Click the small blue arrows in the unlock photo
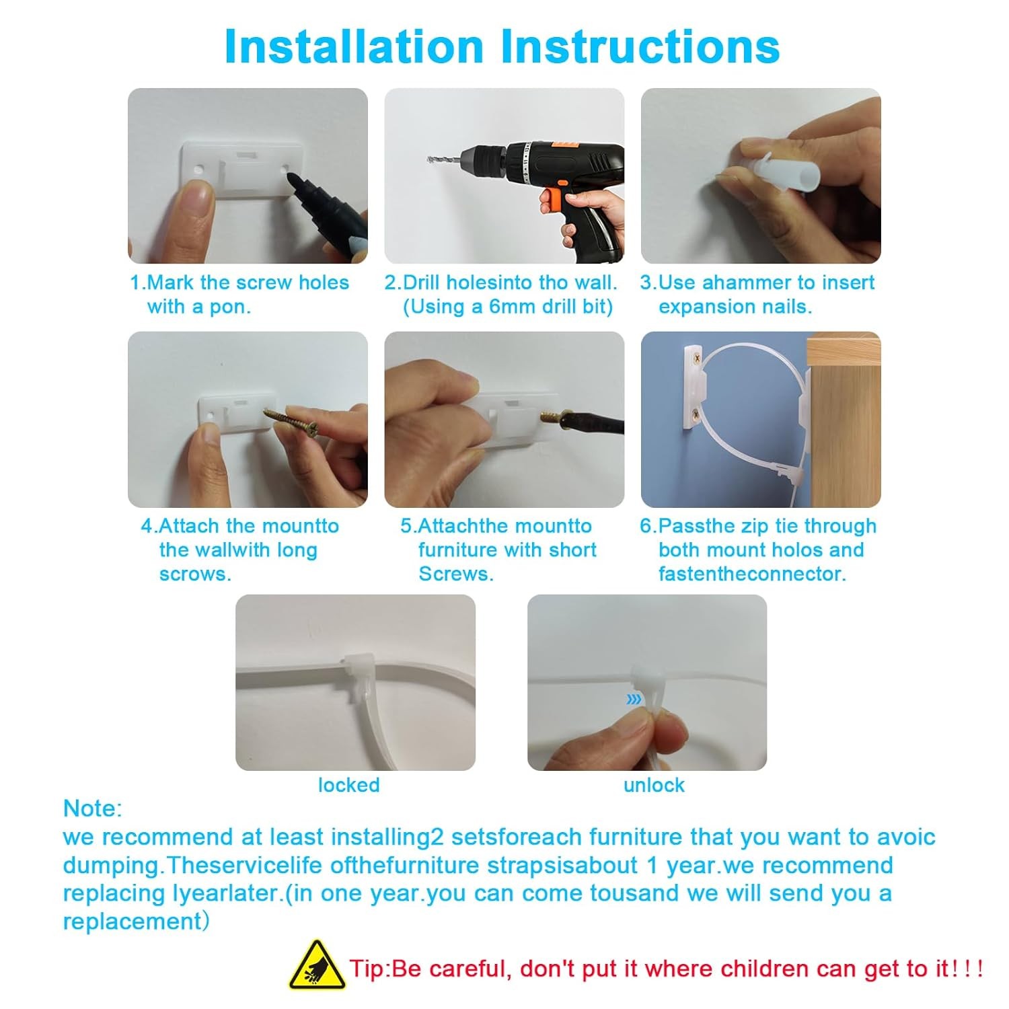tap(634, 700)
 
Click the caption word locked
tap(348, 785)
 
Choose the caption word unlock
tap(654, 785)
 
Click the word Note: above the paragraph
tap(93, 808)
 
